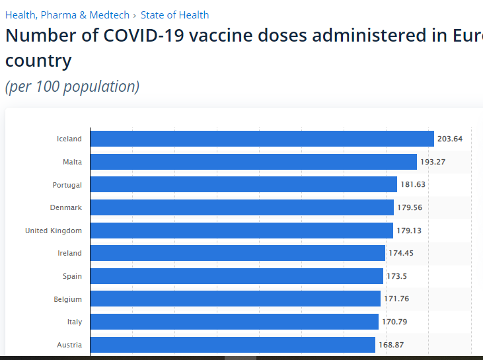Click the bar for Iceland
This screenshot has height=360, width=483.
tap(262, 139)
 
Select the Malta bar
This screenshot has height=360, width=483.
tap(253, 162)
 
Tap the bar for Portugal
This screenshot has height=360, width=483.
tap(243, 185)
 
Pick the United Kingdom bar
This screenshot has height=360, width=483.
tap(241, 231)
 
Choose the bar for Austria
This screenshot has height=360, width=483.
tap(233, 345)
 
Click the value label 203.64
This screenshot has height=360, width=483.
tap(450, 139)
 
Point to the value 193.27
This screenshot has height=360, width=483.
tap(433, 162)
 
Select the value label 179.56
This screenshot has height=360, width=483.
tap(410, 207)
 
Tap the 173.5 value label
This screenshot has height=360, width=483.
tap(397, 276)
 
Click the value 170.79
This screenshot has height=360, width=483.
tap(394, 322)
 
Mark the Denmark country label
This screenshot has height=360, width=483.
tap(66, 207)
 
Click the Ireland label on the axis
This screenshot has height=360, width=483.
tap(69, 253)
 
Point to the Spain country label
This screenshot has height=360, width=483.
tap(72, 276)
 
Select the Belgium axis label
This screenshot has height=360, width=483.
tap(68, 299)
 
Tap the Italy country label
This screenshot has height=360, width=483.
tap(75, 322)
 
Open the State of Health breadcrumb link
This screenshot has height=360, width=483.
tap(174, 15)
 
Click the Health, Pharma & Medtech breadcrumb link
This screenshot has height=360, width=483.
tap(67, 15)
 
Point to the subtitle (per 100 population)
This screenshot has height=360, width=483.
tap(72, 87)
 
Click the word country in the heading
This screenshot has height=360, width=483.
tap(38, 61)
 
